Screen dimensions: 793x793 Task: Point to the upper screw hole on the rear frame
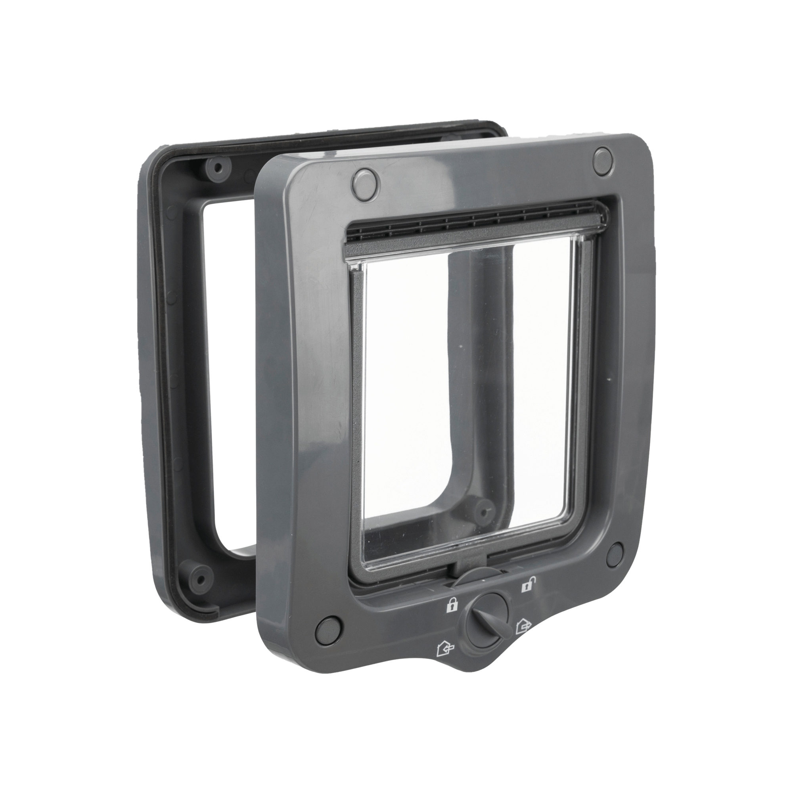tap(218, 167)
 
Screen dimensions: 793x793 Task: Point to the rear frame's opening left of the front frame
tap(228, 370)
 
